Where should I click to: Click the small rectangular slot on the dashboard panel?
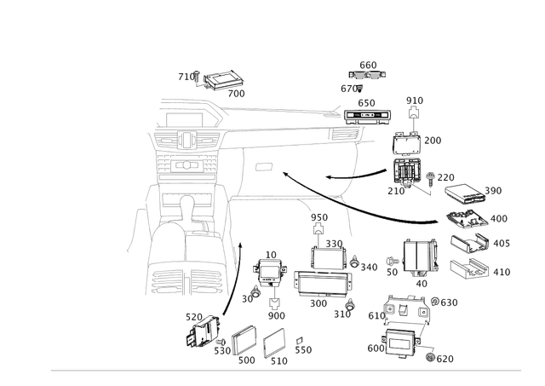(262, 163)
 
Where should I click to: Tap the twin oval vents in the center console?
(186, 140)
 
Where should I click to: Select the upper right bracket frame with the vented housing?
(408, 158)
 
